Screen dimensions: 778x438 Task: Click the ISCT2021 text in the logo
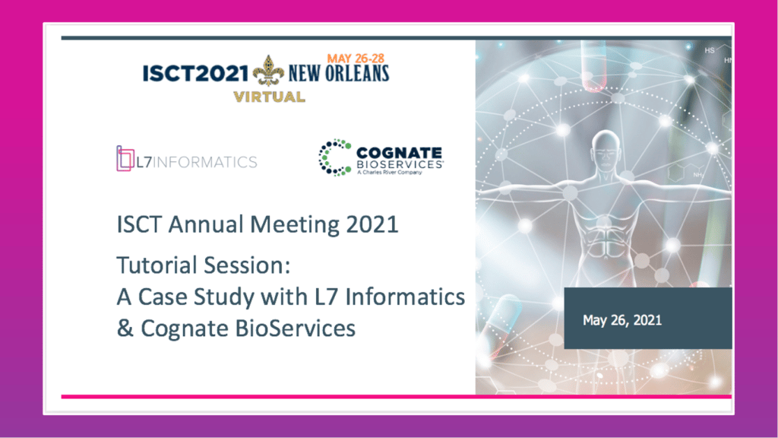click(195, 74)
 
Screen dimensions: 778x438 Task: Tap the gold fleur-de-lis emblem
click(268, 71)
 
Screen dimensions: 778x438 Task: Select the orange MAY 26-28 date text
click(356, 59)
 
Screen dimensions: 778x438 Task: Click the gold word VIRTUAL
click(269, 97)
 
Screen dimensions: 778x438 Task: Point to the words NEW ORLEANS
click(339, 74)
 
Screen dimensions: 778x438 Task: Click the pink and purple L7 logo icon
click(125, 158)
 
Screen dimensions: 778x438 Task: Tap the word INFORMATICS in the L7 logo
click(205, 163)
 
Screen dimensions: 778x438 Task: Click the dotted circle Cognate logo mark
click(335, 157)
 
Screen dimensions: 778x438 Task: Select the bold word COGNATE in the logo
click(399, 153)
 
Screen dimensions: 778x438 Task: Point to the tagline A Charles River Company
click(390, 173)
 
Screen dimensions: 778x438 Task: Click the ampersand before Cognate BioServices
click(125, 328)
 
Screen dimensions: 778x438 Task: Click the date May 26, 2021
click(622, 320)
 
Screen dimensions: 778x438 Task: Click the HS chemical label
click(710, 50)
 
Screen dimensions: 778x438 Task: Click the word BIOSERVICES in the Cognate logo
click(400, 164)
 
